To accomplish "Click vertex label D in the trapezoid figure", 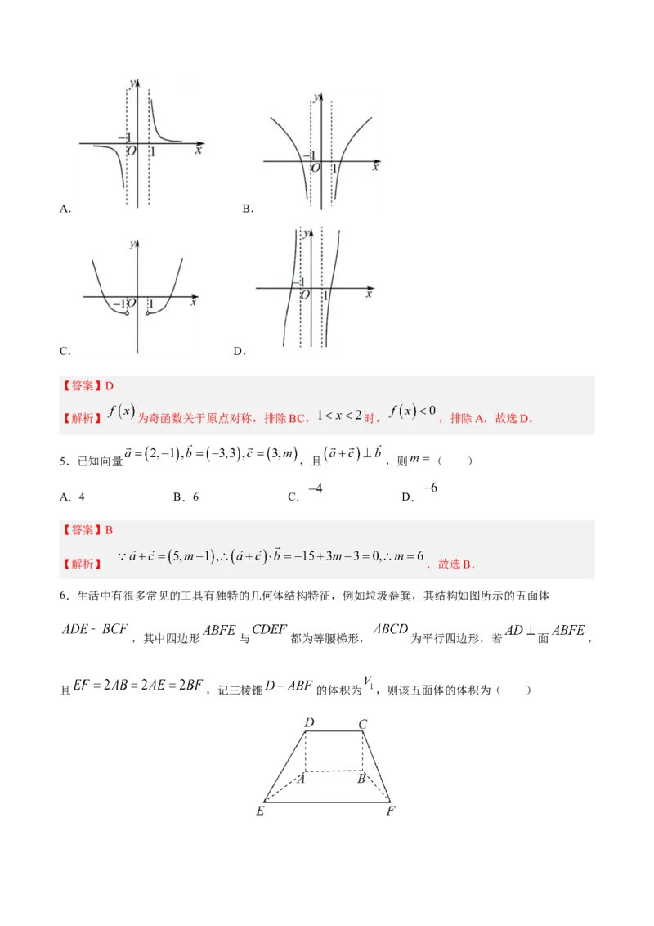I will click(x=309, y=722).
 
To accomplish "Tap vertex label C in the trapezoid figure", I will click(x=362, y=723).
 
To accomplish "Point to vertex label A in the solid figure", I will click(x=302, y=779).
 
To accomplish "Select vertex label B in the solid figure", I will click(x=361, y=779).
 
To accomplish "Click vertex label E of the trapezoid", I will click(x=259, y=811).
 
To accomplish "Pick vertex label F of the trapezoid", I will click(x=391, y=811).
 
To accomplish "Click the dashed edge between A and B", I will click(x=334, y=771).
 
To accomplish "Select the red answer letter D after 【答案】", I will click(x=109, y=385).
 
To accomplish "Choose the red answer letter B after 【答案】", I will click(x=109, y=529).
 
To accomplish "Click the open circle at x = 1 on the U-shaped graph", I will click(x=147, y=313).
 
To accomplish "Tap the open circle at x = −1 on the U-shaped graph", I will click(x=128, y=313).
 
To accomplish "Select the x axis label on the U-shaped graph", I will click(x=193, y=303).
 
